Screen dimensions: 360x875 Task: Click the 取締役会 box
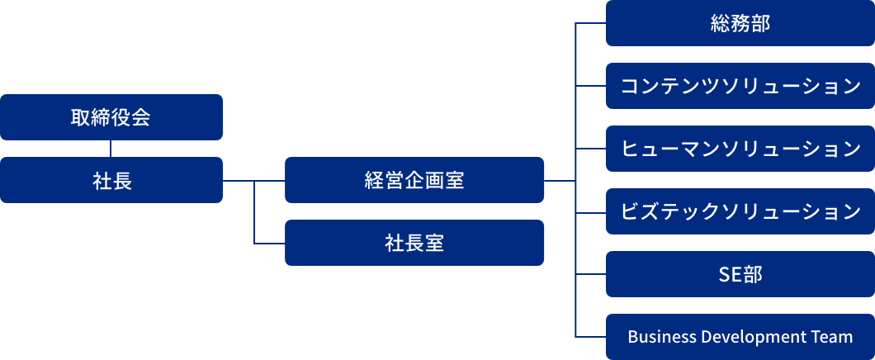(x=111, y=117)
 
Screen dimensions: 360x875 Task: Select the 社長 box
(x=111, y=180)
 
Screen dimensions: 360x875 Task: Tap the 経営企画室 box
(x=414, y=180)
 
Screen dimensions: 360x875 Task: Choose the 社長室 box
(x=414, y=243)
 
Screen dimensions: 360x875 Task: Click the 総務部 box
(x=740, y=23)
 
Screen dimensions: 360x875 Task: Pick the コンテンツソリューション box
(x=740, y=86)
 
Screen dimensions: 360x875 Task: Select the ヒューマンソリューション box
(x=740, y=149)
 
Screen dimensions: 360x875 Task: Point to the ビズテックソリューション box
(x=740, y=211)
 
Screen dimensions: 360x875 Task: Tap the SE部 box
(x=740, y=274)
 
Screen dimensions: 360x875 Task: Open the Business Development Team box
(x=740, y=337)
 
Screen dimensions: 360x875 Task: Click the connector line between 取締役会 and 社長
(x=111, y=149)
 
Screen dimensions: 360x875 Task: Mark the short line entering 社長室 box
(x=269, y=244)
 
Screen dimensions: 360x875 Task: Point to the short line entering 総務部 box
(x=590, y=24)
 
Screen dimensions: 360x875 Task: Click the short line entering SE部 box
(x=590, y=274)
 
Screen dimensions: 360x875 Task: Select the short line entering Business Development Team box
(x=590, y=337)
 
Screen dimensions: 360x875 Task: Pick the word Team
(x=834, y=337)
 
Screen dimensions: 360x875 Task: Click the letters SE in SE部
(x=730, y=274)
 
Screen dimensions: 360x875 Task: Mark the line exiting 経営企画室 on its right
(x=559, y=180)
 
